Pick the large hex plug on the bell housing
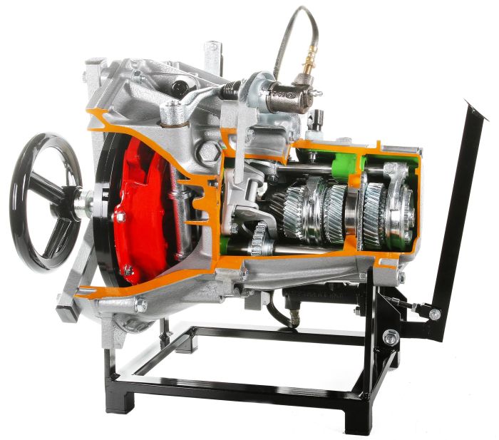[210, 150]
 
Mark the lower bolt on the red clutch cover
[128, 270]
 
